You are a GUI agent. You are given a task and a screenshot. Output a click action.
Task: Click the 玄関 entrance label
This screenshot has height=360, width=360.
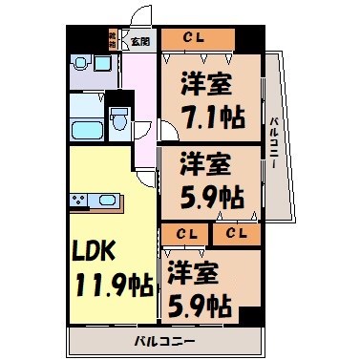click(140, 41)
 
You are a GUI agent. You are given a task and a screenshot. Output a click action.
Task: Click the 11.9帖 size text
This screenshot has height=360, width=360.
click(110, 285)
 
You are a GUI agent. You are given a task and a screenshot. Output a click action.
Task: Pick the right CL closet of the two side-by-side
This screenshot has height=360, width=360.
click(237, 233)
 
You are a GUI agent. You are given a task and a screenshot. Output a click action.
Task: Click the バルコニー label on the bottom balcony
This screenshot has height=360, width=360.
click(163, 341)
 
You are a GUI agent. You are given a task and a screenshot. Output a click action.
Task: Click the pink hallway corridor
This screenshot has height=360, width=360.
click(141, 105)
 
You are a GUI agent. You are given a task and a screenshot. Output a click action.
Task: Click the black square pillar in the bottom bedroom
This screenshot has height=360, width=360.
click(249, 318)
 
